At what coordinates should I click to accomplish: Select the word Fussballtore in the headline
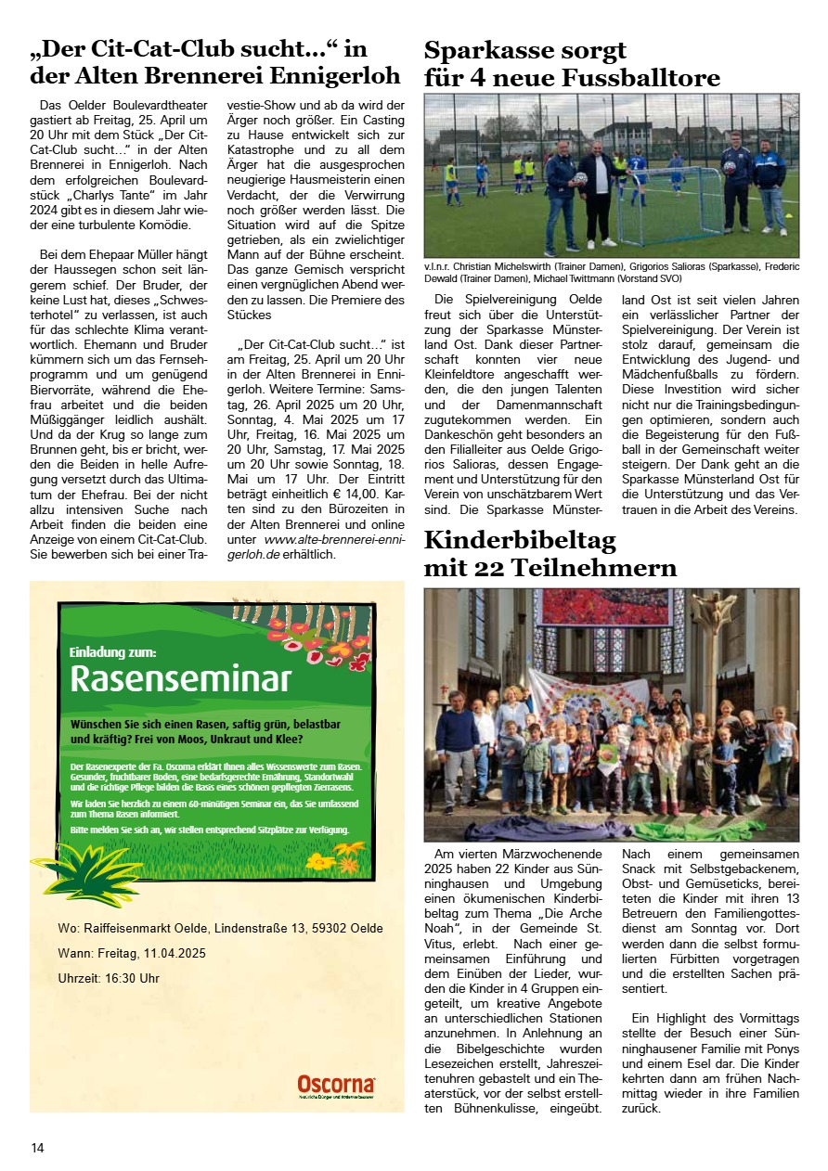coord(641,78)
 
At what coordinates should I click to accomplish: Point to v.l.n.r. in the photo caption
coord(440,265)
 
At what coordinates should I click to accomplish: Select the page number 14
coord(37,1148)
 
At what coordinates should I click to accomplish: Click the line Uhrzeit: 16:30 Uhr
coord(109,978)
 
